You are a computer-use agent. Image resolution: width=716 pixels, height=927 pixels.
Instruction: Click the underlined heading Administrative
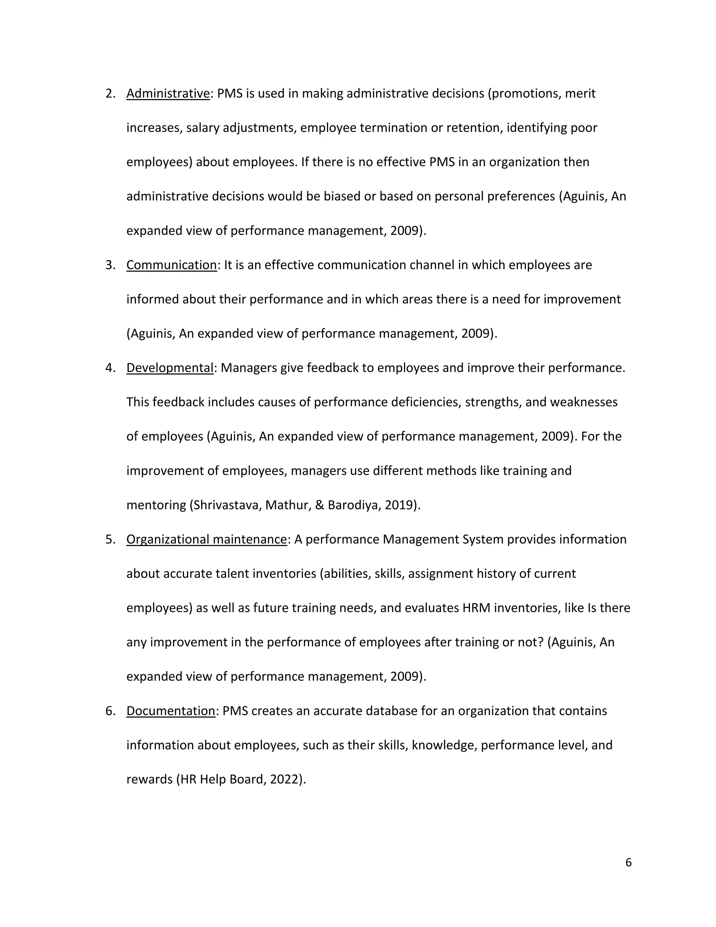coord(168,93)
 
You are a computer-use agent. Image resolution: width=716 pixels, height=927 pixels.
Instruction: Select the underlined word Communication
coord(171,265)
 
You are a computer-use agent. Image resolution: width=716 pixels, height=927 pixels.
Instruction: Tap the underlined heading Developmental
coord(170,368)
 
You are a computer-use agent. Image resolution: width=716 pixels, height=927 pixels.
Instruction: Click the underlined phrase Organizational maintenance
coord(207,539)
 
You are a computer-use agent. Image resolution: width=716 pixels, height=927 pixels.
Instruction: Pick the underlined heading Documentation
coord(171,710)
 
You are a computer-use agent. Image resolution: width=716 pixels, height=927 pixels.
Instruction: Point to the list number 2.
coord(110,93)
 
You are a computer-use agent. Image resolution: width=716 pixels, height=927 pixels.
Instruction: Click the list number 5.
coord(110,539)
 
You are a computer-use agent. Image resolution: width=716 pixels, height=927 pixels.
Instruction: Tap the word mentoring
coord(156,505)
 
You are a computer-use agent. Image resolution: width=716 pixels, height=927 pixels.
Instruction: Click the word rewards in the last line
coord(149,779)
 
